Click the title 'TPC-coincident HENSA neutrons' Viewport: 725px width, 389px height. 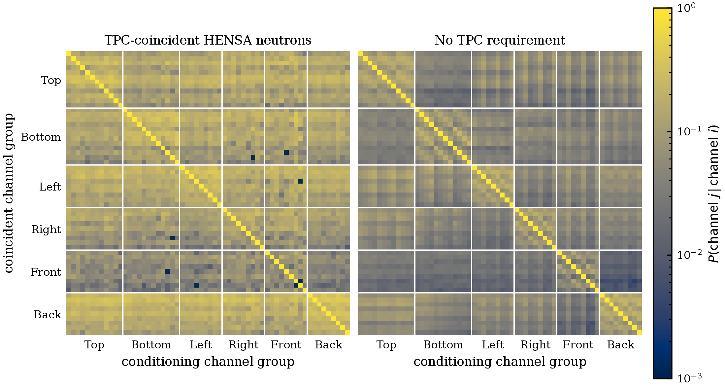[x=208, y=40]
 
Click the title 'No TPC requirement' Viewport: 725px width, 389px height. [x=500, y=40]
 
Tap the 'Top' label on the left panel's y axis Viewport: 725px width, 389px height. [x=51, y=80]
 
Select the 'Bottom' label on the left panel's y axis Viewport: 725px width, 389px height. [x=41, y=137]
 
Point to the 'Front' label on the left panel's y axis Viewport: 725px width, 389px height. [x=46, y=272]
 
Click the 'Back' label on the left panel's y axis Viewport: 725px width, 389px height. [x=48, y=315]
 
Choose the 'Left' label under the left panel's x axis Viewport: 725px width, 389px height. [x=201, y=345]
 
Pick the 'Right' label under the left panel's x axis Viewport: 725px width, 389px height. [x=244, y=345]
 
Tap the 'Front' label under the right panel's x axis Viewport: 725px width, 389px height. [x=578, y=345]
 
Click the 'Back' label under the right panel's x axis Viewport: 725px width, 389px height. [x=621, y=345]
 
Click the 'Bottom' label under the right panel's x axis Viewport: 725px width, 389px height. [x=443, y=345]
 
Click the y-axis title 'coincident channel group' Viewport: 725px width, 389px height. [x=9, y=193]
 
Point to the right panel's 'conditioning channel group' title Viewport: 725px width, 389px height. [x=500, y=362]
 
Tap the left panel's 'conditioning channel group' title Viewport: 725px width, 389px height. [x=208, y=362]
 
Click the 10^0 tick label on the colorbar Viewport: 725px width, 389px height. [x=686, y=8]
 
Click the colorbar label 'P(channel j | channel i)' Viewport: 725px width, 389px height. [x=714, y=194]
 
